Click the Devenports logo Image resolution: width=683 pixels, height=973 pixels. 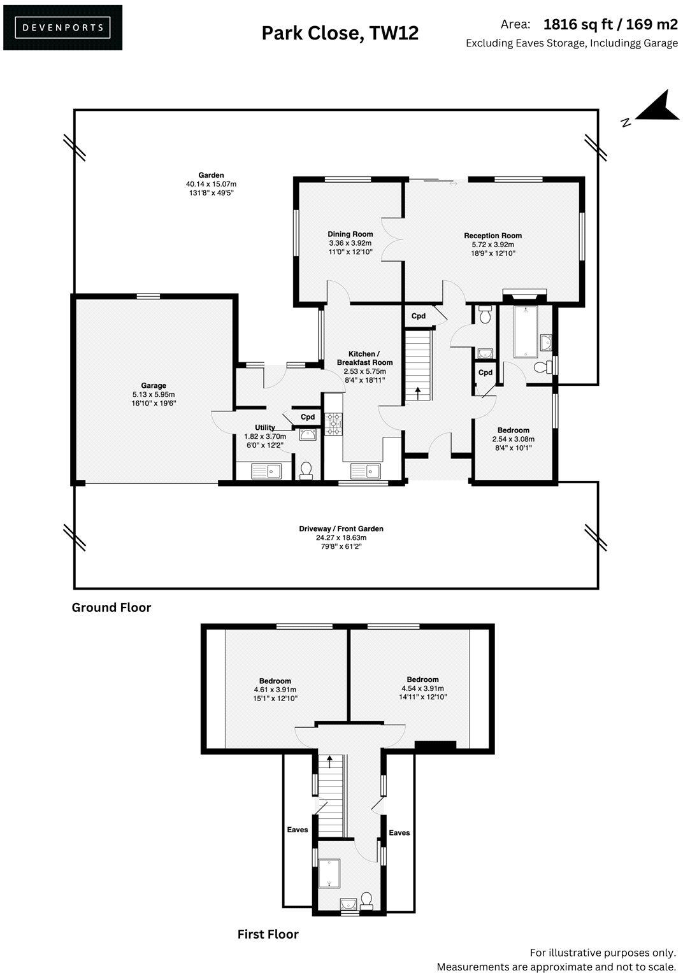pyautogui.click(x=62, y=27)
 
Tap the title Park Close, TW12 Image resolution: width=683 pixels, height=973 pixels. pyautogui.click(x=340, y=32)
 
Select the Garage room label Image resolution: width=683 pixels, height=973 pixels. pyautogui.click(x=154, y=385)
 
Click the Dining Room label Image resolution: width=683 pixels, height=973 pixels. pyautogui.click(x=350, y=234)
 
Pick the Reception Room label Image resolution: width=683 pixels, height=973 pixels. pyautogui.click(x=492, y=236)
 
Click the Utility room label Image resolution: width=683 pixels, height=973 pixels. pyautogui.click(x=265, y=427)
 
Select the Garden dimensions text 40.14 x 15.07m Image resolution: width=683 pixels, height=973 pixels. pyautogui.click(x=210, y=184)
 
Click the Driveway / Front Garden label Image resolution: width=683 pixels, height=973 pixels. pyautogui.click(x=341, y=529)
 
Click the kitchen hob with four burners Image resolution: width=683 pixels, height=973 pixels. pyautogui.click(x=334, y=424)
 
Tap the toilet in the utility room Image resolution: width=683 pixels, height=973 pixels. pyautogui.click(x=306, y=470)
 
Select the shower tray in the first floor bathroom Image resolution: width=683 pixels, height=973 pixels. pyautogui.click(x=329, y=872)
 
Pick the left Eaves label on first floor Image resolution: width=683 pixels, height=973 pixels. pyautogui.click(x=297, y=830)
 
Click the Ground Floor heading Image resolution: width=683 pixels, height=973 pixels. pyautogui.click(x=111, y=607)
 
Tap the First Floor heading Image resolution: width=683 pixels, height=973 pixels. pyautogui.click(x=268, y=934)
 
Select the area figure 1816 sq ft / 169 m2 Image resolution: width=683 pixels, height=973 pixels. pyautogui.click(x=610, y=24)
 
